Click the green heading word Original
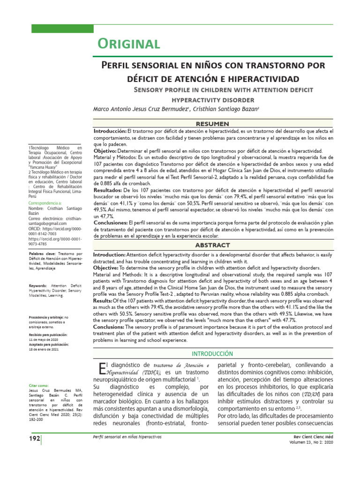(128, 44)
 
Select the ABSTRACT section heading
(212, 245)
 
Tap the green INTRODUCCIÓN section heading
(212, 353)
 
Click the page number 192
(34, 438)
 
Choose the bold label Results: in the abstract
(105, 300)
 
